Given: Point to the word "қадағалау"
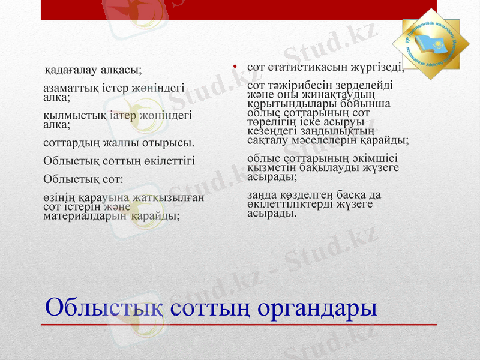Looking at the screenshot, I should point(72,70).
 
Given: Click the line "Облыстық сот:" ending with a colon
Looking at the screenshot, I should point(83,179).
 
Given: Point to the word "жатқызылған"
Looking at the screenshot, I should point(173,197).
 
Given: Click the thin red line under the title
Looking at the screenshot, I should point(240,325).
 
